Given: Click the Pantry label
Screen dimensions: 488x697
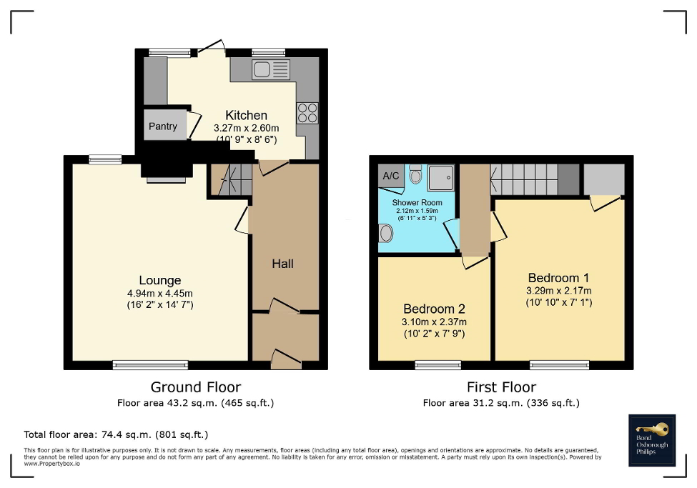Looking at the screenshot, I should point(162,126).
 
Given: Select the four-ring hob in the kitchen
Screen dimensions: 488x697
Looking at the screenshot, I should point(307,114).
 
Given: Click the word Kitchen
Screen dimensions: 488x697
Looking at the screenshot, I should point(246,115).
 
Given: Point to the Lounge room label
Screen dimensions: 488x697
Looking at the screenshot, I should point(160,281).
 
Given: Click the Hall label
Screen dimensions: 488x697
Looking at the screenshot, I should point(282,264).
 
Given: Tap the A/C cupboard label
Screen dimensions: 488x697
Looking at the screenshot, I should point(391,176).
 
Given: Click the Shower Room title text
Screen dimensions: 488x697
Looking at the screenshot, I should point(417,203).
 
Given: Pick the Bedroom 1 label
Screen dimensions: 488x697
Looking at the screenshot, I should point(558,278).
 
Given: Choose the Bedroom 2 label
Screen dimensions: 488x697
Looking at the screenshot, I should point(434,309).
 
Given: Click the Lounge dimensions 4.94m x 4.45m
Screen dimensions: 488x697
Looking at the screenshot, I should point(160,293).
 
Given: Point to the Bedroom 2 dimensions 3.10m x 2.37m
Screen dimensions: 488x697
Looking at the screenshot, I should point(434,322).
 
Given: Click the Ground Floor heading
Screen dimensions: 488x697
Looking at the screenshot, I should point(195,387).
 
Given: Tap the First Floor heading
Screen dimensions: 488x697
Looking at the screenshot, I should point(501,387).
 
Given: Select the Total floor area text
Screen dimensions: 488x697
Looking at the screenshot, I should point(116,434).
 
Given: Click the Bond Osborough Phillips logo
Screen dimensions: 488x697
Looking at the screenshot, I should point(651,439).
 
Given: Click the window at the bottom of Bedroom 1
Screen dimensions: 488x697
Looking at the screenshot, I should point(560,365).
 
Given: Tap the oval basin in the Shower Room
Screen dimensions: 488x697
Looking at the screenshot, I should point(387,233).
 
